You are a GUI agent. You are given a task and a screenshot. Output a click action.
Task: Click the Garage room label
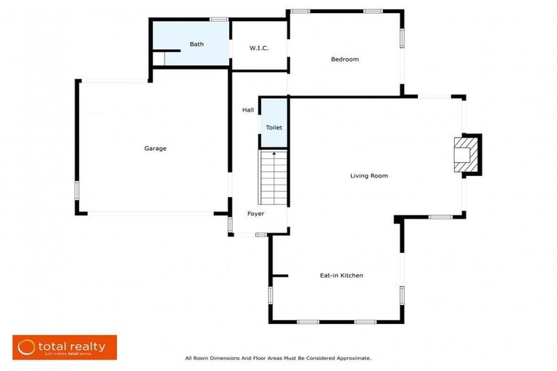click(x=155, y=149)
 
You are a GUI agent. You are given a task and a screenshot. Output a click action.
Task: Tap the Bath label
click(x=197, y=44)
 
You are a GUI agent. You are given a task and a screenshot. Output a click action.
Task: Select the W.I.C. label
click(x=259, y=49)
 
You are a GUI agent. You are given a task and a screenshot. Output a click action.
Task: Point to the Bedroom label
click(x=344, y=59)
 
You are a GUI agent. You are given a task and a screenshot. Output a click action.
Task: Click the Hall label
click(x=248, y=110)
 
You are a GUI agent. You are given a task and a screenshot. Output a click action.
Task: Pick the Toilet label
click(x=273, y=128)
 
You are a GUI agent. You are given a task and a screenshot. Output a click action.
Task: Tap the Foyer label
click(x=255, y=214)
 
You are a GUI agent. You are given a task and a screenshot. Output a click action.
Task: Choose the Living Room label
click(x=369, y=175)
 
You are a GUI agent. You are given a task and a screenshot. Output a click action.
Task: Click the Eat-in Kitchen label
click(x=341, y=275)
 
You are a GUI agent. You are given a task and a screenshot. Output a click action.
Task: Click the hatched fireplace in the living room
click(x=464, y=155)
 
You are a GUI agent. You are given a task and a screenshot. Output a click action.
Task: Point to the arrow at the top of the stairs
click(x=273, y=153)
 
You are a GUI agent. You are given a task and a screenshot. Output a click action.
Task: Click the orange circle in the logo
click(x=26, y=347)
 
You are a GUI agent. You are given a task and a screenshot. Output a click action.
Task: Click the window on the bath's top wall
click(x=218, y=19)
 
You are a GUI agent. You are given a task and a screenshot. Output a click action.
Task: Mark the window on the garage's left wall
click(x=76, y=190)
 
